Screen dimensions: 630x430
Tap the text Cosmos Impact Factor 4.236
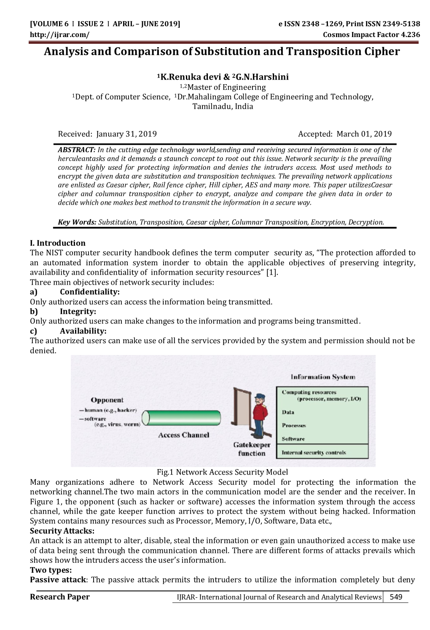(x=371, y=35)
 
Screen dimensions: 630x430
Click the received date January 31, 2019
(x=126, y=134)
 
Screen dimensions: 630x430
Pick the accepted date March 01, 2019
(x=364, y=134)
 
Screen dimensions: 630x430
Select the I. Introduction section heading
(x=58, y=243)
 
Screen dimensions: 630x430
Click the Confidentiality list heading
(x=89, y=292)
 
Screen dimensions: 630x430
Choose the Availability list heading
(x=83, y=331)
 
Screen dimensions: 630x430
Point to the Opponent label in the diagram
(x=107, y=400)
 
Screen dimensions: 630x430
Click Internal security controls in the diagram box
(x=314, y=453)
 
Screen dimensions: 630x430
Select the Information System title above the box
(x=322, y=377)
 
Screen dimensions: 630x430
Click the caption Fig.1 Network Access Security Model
(x=222, y=472)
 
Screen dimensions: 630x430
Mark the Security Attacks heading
(x=62, y=531)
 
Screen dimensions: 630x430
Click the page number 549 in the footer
(x=396, y=597)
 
